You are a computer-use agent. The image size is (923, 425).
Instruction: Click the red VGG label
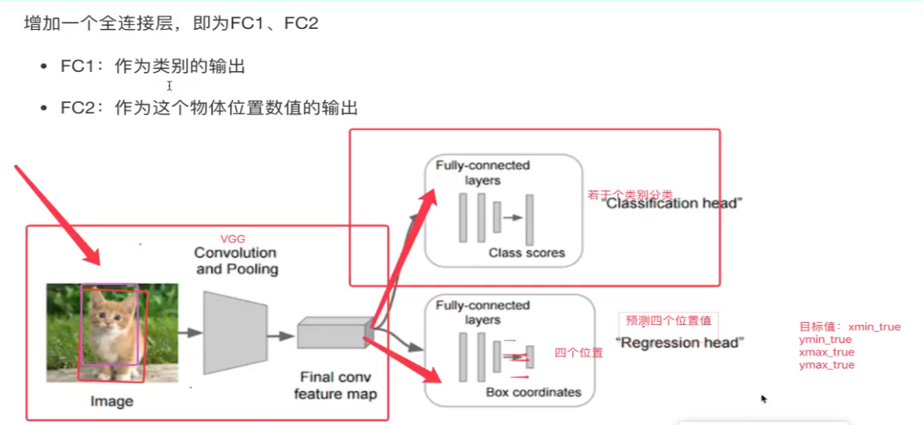[233, 238]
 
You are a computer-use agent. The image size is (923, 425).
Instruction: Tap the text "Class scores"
[526, 252]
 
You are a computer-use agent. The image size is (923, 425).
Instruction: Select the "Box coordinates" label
[534, 391]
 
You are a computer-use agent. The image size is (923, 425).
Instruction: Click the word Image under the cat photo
[113, 402]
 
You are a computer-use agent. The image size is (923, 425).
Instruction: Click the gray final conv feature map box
[331, 334]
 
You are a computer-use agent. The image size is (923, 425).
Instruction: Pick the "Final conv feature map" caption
[335, 386]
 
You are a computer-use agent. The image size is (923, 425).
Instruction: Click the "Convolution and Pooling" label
[235, 261]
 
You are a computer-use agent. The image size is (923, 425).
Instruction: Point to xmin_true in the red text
[874, 327]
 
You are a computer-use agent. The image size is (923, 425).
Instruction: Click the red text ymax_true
[827, 365]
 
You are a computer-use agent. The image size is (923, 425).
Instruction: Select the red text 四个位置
[578, 353]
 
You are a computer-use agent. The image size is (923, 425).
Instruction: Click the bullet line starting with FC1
[153, 67]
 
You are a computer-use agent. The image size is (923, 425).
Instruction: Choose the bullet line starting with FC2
[209, 108]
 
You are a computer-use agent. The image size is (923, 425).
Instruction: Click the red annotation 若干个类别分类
[630, 195]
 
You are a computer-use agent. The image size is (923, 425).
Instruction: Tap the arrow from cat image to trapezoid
[190, 333]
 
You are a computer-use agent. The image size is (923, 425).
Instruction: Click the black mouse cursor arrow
[764, 398]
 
